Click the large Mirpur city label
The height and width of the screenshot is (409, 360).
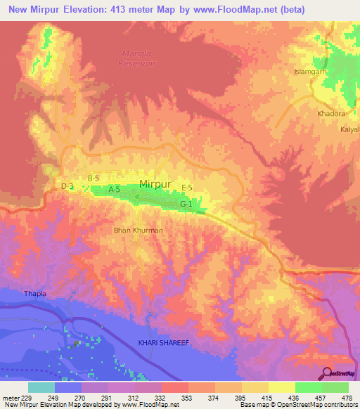[155, 184]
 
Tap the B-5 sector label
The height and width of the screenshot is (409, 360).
[94, 178]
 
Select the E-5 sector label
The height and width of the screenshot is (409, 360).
[187, 186]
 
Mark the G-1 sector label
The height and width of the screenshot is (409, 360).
[186, 204]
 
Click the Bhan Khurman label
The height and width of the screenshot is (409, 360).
[139, 230]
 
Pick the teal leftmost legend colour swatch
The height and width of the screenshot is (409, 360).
[41, 387]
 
